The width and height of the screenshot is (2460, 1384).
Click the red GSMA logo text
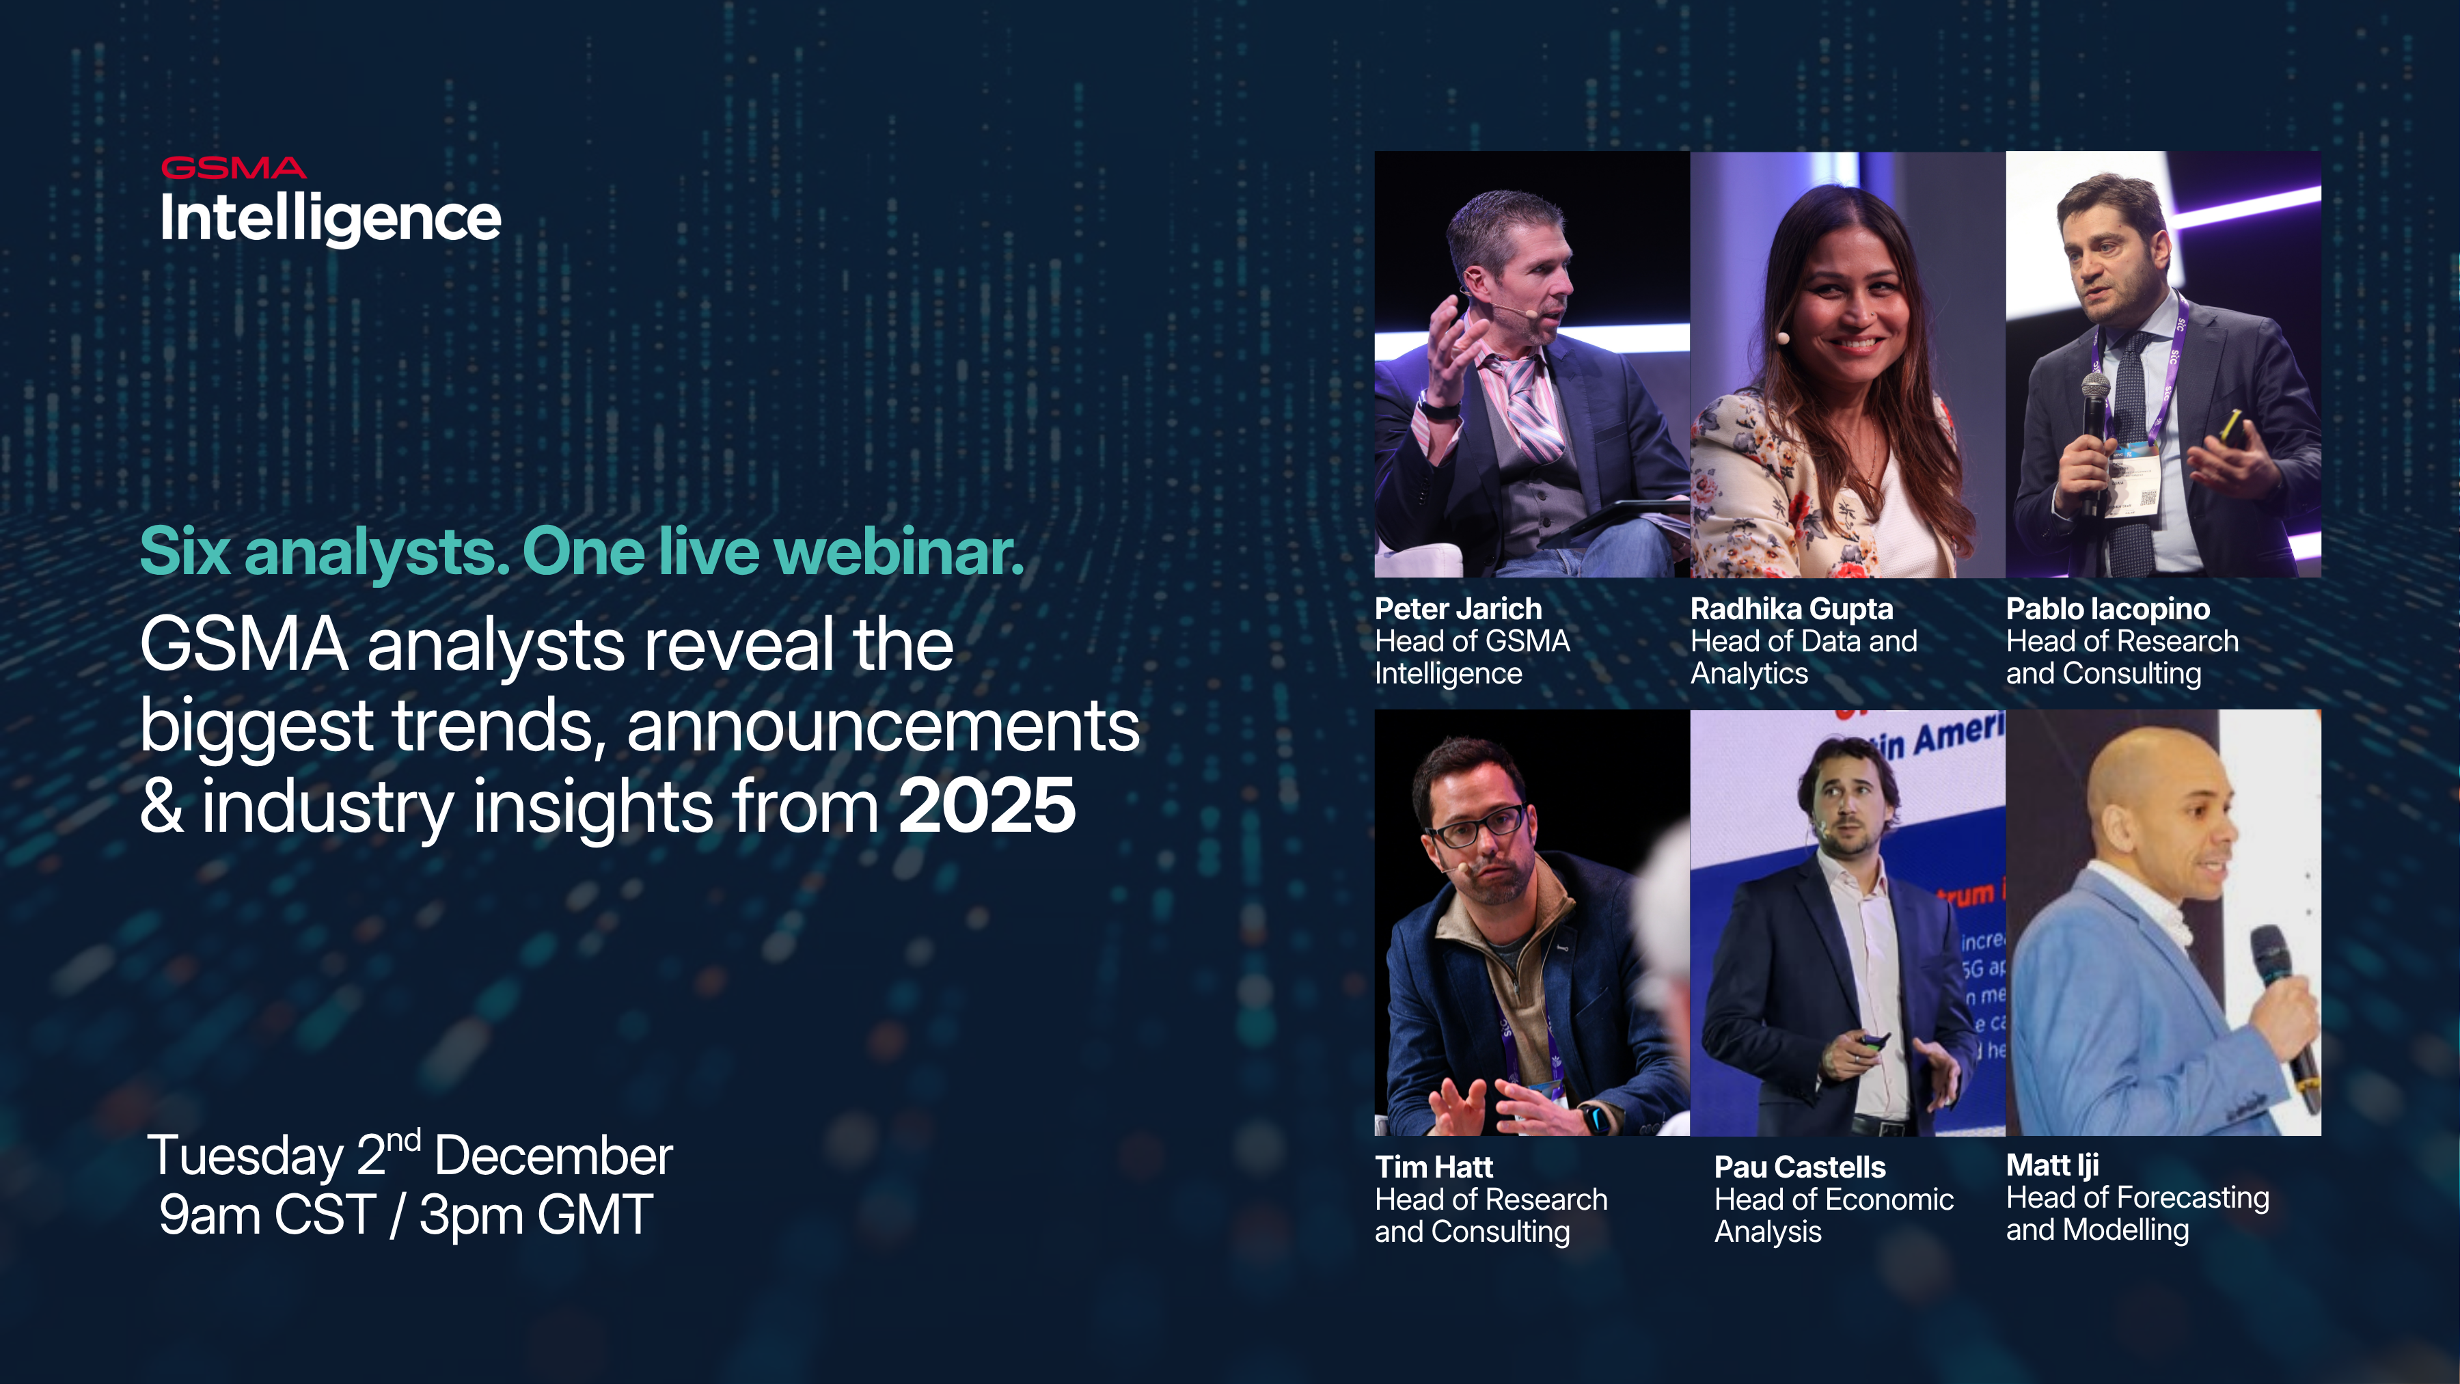[x=233, y=168]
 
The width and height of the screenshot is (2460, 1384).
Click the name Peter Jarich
[x=1458, y=608]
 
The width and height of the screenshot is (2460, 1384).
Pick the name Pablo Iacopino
[x=2107, y=608]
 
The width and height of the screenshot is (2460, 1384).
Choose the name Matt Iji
[x=2051, y=1165]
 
